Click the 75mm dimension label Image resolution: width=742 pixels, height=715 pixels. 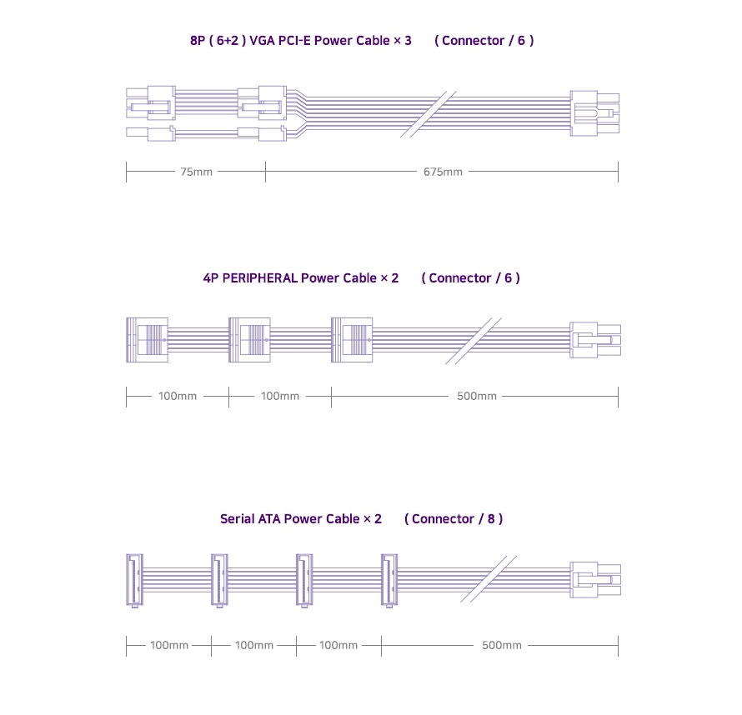pos(197,172)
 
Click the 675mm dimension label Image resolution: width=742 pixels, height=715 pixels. pos(443,172)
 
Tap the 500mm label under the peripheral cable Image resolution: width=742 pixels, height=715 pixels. pos(477,396)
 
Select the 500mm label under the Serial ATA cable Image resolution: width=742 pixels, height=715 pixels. pos(502,645)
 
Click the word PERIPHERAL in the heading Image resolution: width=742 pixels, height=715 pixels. pos(260,278)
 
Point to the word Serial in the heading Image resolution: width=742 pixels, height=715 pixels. pos(237,519)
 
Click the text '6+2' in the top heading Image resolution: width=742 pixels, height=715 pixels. pos(227,41)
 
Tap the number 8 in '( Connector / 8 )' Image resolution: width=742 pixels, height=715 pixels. pos(491,519)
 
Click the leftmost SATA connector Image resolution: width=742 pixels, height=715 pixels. pos(134,580)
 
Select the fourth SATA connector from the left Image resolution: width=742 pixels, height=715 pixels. pos(389,580)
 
